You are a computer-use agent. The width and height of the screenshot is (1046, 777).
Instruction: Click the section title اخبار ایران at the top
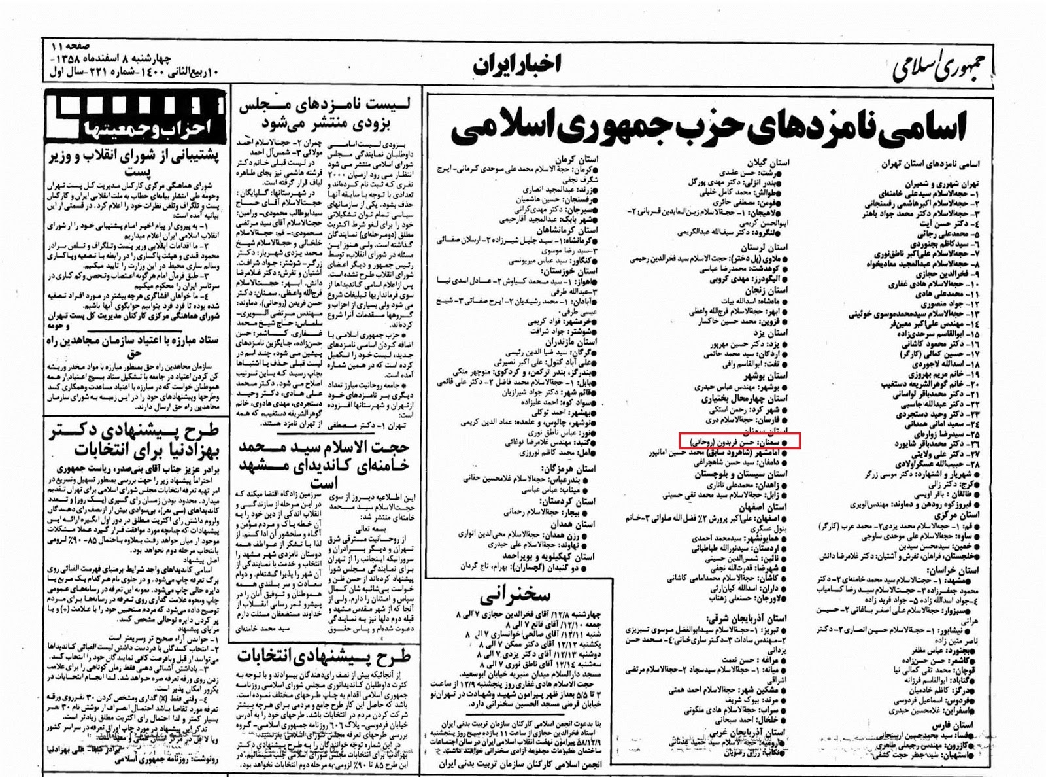516,63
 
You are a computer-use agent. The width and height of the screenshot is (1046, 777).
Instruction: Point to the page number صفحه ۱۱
65,47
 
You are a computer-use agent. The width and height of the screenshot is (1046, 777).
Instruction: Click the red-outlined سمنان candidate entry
738,442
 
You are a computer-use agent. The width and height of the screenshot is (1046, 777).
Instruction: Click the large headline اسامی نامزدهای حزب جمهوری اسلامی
709,128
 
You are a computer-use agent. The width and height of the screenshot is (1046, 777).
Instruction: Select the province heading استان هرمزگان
568,468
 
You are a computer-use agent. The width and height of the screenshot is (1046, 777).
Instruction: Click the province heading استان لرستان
765,248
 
